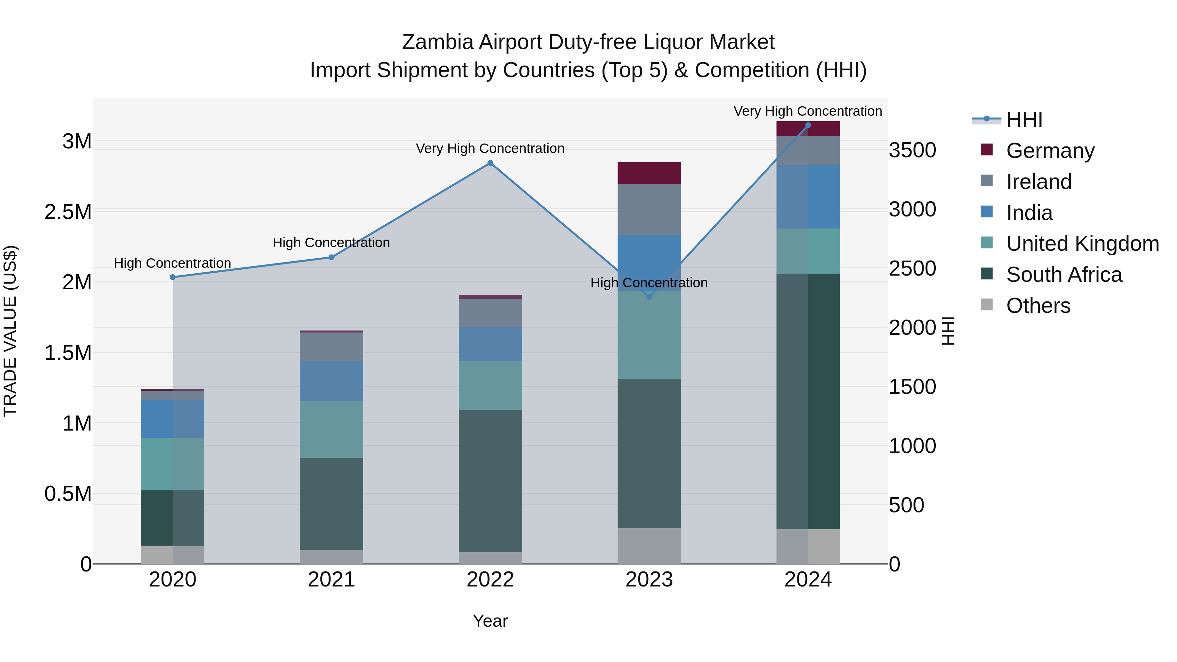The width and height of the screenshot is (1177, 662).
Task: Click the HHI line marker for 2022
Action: (x=490, y=163)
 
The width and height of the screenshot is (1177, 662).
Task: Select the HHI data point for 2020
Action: (x=173, y=277)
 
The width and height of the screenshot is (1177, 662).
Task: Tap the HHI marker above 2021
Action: (x=332, y=257)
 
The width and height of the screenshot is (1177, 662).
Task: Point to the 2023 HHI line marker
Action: (x=649, y=297)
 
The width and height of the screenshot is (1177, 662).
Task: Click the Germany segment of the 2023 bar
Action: (x=649, y=173)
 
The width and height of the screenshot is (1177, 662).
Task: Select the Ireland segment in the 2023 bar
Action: (x=649, y=209)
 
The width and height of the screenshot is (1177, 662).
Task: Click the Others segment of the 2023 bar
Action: (x=649, y=546)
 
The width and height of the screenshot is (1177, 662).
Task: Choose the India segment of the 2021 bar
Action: (x=332, y=381)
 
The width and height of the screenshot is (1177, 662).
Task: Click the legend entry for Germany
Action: (x=1050, y=151)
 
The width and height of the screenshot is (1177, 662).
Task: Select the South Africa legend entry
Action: (x=1064, y=275)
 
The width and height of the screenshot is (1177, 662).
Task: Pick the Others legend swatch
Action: (x=987, y=305)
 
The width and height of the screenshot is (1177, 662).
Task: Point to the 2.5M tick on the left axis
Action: (x=68, y=212)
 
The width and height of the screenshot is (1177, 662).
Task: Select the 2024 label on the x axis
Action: (x=808, y=580)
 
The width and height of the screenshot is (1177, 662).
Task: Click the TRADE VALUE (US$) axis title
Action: (x=10, y=331)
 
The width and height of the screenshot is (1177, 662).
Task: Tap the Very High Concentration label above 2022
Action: (x=490, y=148)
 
